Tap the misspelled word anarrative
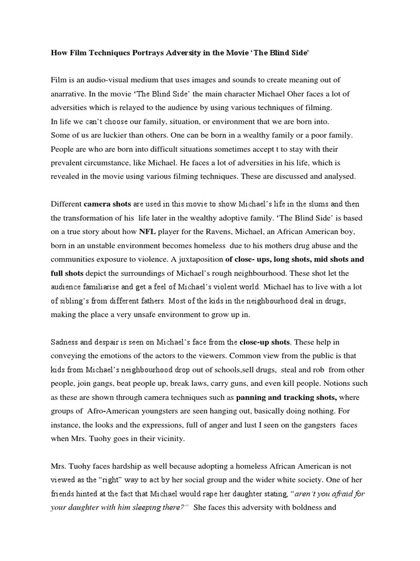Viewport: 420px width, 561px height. (x=69, y=94)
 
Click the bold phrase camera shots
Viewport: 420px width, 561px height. (x=107, y=204)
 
